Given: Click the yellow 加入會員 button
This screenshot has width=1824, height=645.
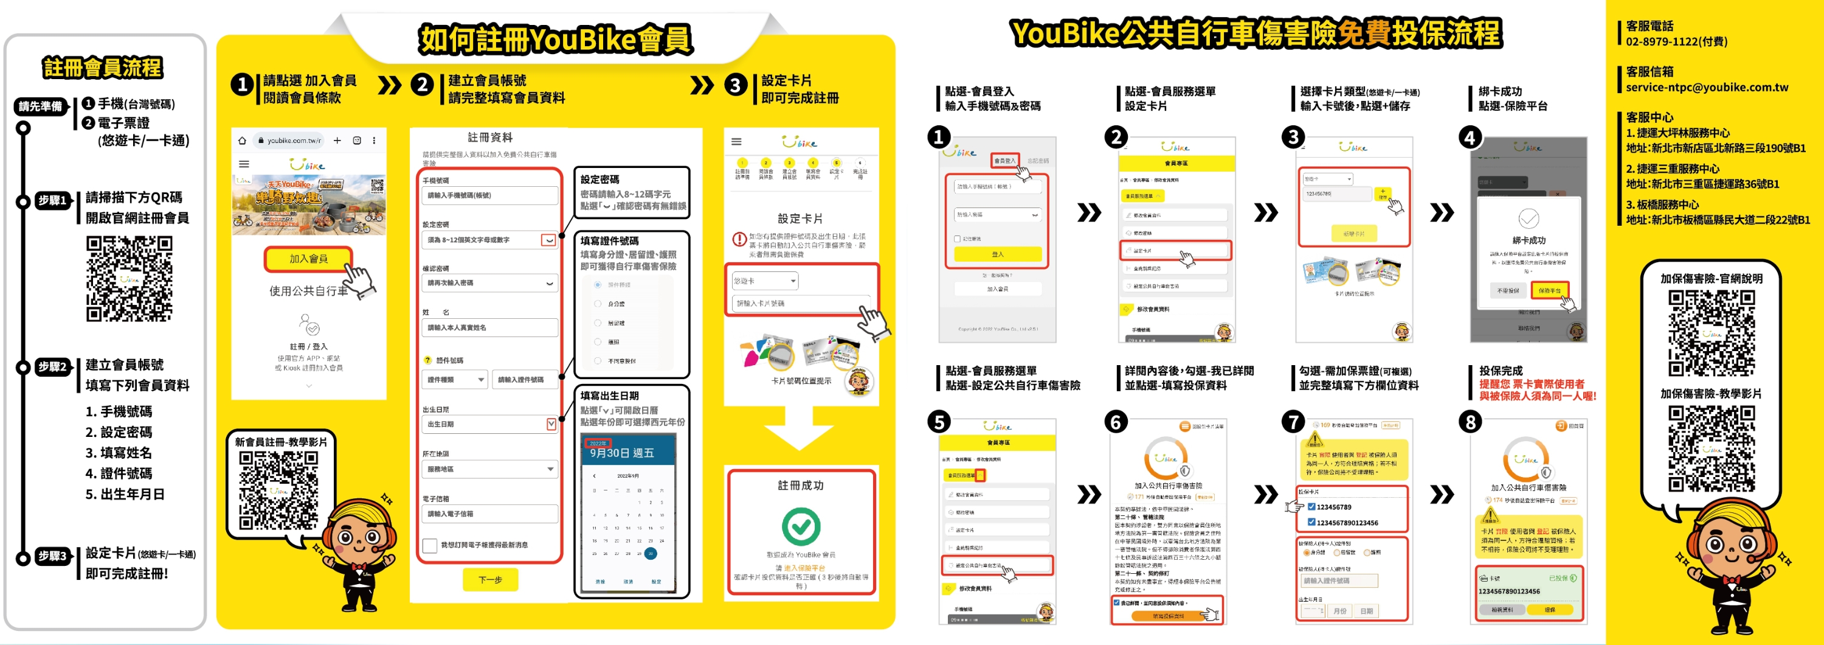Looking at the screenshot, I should pos(308,259).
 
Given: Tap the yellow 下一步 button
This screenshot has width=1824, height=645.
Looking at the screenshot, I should pos(490,580).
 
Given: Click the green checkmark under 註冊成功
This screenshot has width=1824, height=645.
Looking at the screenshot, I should pos(801,526).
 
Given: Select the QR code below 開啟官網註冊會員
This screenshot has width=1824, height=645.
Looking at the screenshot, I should pos(130,279).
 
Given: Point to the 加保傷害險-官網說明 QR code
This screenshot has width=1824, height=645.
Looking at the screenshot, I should pos(1712,332).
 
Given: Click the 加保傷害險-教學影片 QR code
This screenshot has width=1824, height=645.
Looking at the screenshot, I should pos(1712,448).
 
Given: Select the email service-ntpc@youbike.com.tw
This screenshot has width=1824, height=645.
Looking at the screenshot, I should pos(1707,87).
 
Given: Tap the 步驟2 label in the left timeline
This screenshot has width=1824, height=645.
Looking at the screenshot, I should pos(52,367).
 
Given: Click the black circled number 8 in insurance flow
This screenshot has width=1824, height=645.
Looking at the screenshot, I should pos(1470,422).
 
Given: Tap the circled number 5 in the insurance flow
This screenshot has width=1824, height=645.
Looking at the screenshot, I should pos(939,422).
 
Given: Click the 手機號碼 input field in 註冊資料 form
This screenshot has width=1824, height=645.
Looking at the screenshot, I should pos(489,195).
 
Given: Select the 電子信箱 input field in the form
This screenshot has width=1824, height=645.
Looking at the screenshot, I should pos(489,514).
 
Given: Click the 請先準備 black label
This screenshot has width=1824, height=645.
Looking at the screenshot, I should pos(40,107).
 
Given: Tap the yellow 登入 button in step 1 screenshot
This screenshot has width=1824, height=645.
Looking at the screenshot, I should pos(997,254).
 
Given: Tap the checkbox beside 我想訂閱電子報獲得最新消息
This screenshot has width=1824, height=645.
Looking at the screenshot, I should pos(429,545).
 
